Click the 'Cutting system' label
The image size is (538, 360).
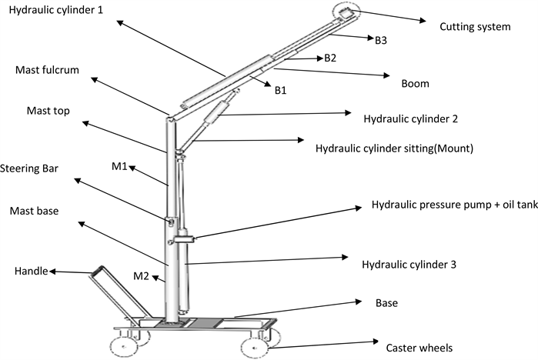475,28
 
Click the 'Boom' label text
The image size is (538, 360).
415,83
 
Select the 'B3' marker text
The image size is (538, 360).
381,40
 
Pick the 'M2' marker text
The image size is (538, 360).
141,275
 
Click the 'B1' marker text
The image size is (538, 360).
280,91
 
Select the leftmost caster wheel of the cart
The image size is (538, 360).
122,340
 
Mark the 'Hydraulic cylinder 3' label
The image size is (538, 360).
409,265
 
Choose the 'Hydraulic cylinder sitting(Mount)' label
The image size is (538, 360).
394,145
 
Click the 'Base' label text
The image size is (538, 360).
386,303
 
